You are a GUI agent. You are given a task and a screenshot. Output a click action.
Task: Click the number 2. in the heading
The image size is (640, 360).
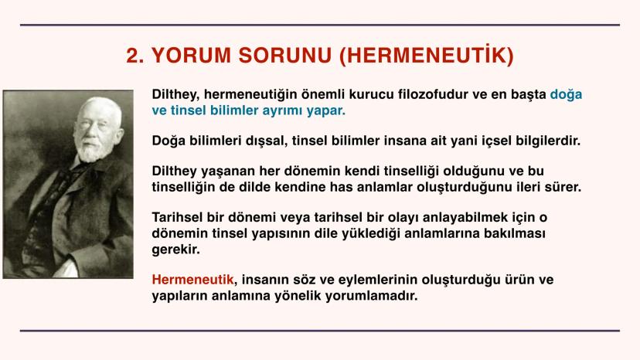tap(135, 56)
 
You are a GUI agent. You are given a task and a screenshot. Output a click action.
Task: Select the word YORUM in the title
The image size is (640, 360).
tap(192, 56)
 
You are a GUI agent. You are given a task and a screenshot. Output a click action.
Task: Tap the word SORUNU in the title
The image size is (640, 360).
tap(285, 56)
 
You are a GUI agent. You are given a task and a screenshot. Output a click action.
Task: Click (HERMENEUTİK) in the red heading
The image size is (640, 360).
tap(427, 56)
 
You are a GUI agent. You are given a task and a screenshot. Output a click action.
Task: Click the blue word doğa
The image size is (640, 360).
tap(566, 95)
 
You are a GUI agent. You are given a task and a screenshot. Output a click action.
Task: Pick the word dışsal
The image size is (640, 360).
tap(266, 141)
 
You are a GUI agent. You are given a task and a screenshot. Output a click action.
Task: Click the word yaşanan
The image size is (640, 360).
tap(228, 172)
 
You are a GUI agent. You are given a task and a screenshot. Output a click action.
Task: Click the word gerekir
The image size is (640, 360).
tap(176, 250)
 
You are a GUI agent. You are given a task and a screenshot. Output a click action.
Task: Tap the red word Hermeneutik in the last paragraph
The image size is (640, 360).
tap(192, 280)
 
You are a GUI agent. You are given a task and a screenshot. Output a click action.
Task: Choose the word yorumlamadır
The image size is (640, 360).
tap(372, 296)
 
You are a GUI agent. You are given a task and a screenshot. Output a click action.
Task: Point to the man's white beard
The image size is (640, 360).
tap(90, 150)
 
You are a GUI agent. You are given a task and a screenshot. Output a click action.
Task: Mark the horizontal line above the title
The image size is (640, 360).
tap(320, 25)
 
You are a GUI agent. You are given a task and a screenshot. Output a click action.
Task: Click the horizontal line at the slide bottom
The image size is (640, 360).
tap(320, 331)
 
